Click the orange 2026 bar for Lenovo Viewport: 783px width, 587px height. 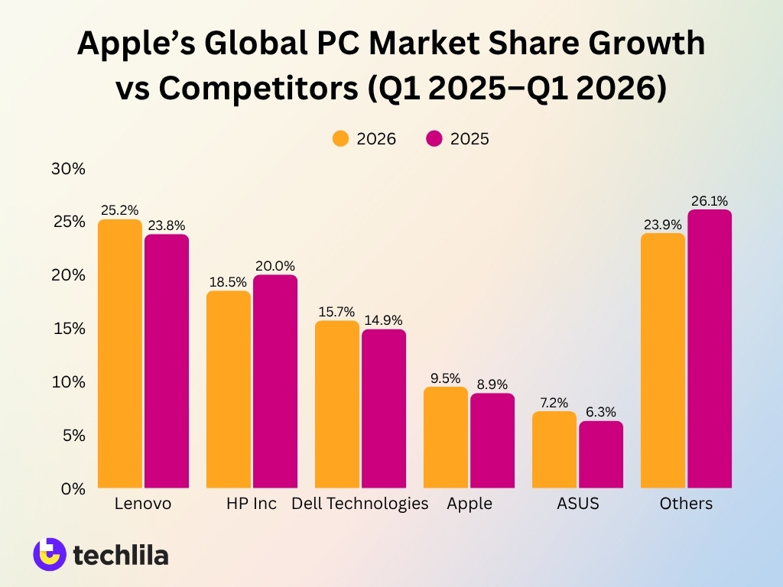[x=120, y=353]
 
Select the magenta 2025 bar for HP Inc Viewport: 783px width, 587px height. [x=275, y=381]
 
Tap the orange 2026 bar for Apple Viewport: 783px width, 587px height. [x=446, y=436]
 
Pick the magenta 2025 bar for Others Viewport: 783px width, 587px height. [x=710, y=349]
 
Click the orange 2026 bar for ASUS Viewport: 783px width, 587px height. [x=554, y=449]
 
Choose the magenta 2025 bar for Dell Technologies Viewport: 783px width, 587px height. [x=384, y=408]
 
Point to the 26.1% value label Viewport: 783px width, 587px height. [x=710, y=201]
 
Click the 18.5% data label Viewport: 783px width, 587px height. [x=229, y=282]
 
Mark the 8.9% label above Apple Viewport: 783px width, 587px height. [x=492, y=384]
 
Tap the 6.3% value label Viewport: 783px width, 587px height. [x=601, y=412]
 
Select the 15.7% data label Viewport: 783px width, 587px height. [x=336, y=312]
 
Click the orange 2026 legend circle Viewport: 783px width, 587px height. [x=340, y=138]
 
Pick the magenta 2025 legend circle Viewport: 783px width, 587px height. [x=434, y=138]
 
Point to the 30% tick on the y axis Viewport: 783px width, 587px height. [x=68, y=168]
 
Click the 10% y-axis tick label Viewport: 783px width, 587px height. [x=68, y=381]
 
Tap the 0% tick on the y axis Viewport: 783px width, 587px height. [x=73, y=488]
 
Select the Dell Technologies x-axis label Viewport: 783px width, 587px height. [x=360, y=504]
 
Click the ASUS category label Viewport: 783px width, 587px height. [x=577, y=504]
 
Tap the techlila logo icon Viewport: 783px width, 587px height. [x=49, y=554]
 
